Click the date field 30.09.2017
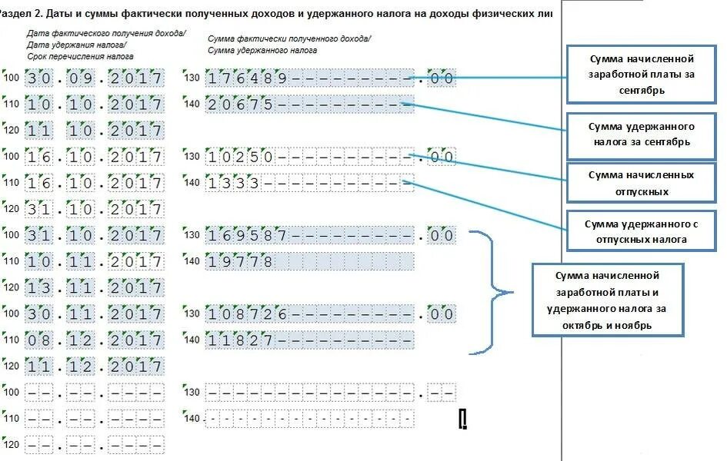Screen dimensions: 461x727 point(94,78)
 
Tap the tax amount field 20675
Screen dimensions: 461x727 point(309,104)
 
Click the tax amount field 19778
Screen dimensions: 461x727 point(309,261)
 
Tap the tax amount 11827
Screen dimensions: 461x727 point(309,340)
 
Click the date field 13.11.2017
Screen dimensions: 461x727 point(94,287)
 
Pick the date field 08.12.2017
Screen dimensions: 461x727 point(94,340)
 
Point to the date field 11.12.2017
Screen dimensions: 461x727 point(94,366)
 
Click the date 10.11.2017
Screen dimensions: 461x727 point(94,261)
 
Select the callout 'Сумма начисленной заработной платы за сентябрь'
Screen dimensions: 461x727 point(642,75)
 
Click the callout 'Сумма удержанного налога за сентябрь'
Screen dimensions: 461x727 point(642,134)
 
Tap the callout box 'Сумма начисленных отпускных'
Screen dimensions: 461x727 point(642,183)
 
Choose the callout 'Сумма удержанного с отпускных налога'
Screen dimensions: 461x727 point(642,230)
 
